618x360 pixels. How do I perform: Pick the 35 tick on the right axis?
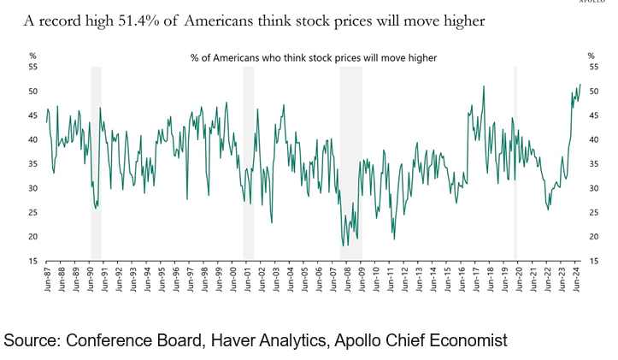pos(592,163)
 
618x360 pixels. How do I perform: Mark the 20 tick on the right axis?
pos(592,236)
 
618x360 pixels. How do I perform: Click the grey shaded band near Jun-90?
pos(96,162)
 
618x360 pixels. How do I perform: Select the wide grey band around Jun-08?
pos(350,162)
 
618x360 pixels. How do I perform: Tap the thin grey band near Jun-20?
pos(515,162)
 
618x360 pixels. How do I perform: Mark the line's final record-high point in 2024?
pos(580,85)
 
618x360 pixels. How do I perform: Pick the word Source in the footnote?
pos(30,339)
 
